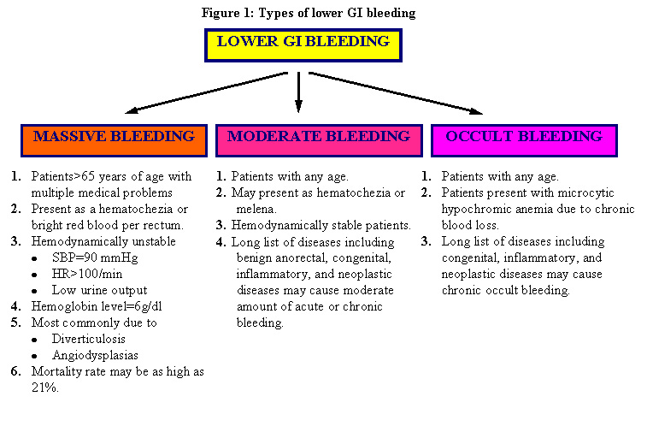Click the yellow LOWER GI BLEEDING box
(x=303, y=44)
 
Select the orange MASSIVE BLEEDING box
(x=115, y=140)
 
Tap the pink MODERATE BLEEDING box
(x=318, y=140)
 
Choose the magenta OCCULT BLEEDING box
(x=524, y=140)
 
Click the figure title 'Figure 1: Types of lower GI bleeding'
(x=309, y=13)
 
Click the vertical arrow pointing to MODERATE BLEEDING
(x=298, y=92)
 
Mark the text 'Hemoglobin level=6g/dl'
(x=91, y=306)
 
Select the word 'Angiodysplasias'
(x=96, y=355)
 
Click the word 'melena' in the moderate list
(x=257, y=209)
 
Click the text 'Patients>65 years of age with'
(x=111, y=176)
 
